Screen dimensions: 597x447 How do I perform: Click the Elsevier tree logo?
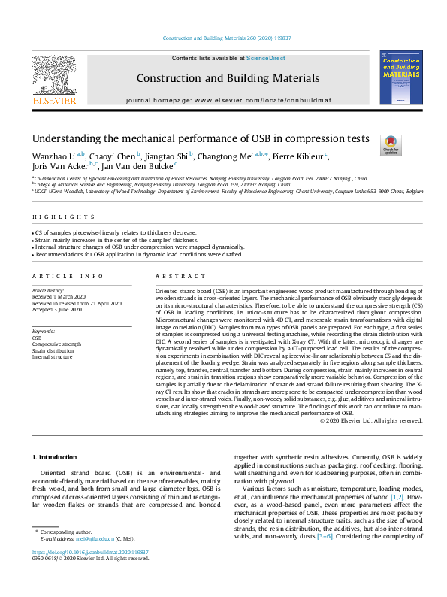coord(53,77)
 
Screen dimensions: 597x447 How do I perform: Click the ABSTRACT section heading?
coord(176,277)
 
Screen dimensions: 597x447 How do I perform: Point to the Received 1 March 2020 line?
coord(61,296)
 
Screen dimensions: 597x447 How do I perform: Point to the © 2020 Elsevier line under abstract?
coord(370,399)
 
